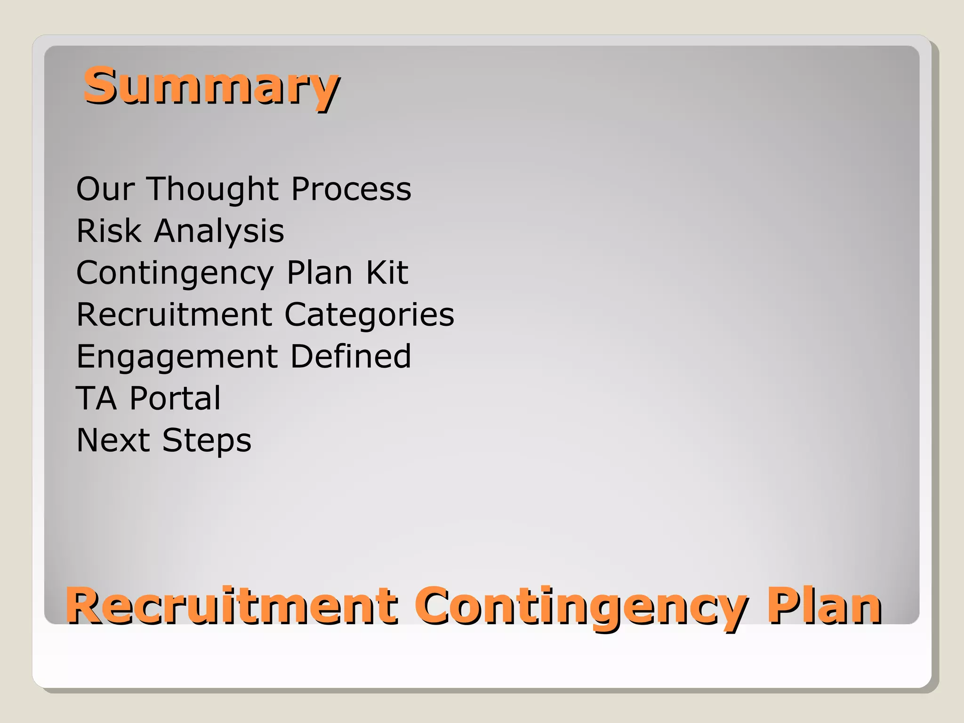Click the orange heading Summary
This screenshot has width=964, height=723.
tap(211, 86)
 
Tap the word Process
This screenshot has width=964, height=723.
tap(351, 189)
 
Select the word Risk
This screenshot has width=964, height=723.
tap(109, 231)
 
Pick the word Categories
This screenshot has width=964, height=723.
tap(369, 314)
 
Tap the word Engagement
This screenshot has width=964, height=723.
tap(177, 357)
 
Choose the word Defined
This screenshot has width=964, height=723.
tap(351, 356)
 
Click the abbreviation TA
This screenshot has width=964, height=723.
tap(96, 398)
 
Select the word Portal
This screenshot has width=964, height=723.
tap(175, 398)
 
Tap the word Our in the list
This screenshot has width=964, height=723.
tap(105, 189)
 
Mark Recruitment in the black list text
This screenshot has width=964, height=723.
tap(174, 314)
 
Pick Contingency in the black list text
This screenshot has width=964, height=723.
tap(175, 273)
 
